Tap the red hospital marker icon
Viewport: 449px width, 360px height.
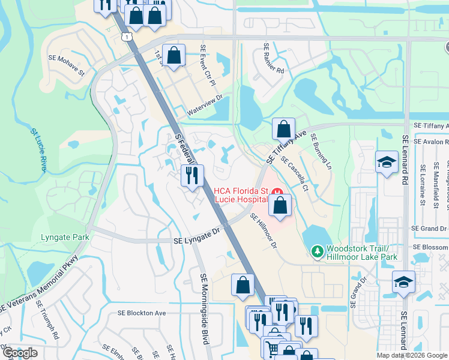(279, 192)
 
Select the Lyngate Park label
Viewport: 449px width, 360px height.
(65, 238)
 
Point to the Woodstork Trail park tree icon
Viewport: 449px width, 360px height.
(316, 251)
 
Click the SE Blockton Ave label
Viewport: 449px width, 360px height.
(142, 313)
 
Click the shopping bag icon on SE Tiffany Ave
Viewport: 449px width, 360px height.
(283, 129)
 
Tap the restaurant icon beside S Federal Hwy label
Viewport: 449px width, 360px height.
(192, 176)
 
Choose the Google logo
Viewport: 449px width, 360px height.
(20, 353)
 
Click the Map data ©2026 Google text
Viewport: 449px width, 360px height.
(411, 355)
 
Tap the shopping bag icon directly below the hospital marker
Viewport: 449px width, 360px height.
(280, 206)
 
